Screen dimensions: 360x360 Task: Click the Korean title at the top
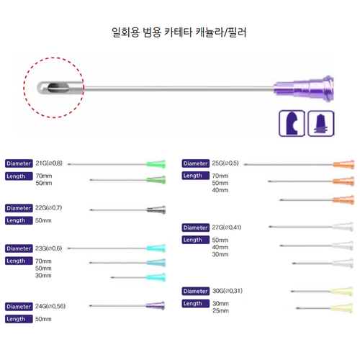click(x=179, y=32)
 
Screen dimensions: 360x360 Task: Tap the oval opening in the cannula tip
click(x=58, y=88)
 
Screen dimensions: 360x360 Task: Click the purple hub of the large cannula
click(x=304, y=89)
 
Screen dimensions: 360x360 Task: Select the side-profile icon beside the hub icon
click(x=292, y=123)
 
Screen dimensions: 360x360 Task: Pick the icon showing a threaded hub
click(x=321, y=123)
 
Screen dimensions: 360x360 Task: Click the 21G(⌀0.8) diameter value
click(x=49, y=163)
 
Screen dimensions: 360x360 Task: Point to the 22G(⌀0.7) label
click(x=48, y=208)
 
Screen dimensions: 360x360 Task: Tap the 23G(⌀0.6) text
click(x=48, y=248)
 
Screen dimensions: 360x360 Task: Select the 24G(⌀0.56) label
click(x=50, y=306)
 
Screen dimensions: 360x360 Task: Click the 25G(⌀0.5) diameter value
click(x=225, y=163)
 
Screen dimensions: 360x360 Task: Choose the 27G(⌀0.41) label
click(x=227, y=227)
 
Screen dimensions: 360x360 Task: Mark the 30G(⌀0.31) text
click(x=228, y=291)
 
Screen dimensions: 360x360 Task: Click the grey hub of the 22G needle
click(x=156, y=210)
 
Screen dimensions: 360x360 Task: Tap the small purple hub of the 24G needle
click(x=156, y=305)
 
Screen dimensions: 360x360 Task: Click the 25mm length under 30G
click(x=220, y=310)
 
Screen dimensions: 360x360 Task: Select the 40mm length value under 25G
click(x=220, y=190)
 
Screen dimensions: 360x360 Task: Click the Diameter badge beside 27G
click(x=196, y=228)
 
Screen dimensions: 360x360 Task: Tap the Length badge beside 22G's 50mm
click(x=19, y=220)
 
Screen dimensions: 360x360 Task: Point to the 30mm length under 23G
click(x=43, y=275)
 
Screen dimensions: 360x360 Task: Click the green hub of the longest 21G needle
click(x=156, y=164)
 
